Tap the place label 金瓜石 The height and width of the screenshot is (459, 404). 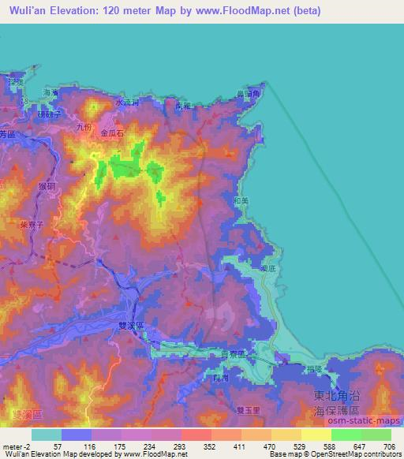click(x=113, y=134)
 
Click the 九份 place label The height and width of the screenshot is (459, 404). click(x=84, y=125)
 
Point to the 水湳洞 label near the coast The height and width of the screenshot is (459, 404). click(x=127, y=103)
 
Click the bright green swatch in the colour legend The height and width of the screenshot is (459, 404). click(x=346, y=435)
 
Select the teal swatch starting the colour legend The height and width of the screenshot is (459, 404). click(x=47, y=435)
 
